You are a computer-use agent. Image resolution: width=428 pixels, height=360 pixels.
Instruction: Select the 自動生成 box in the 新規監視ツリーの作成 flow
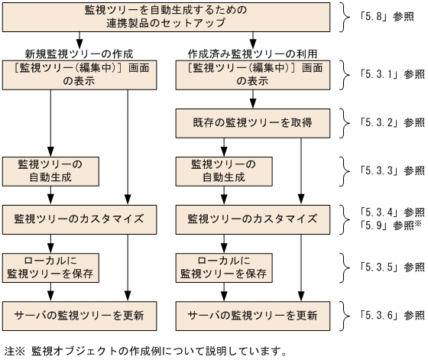(50, 170)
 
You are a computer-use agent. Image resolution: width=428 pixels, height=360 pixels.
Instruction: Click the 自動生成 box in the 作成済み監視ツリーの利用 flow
(223, 170)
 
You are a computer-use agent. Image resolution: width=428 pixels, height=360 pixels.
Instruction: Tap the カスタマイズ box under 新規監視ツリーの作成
(79, 218)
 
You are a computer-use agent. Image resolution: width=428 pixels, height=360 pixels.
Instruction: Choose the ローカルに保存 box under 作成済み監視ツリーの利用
(223, 267)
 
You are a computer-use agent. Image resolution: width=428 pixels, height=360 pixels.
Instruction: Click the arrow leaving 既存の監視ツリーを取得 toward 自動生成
(223, 144)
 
